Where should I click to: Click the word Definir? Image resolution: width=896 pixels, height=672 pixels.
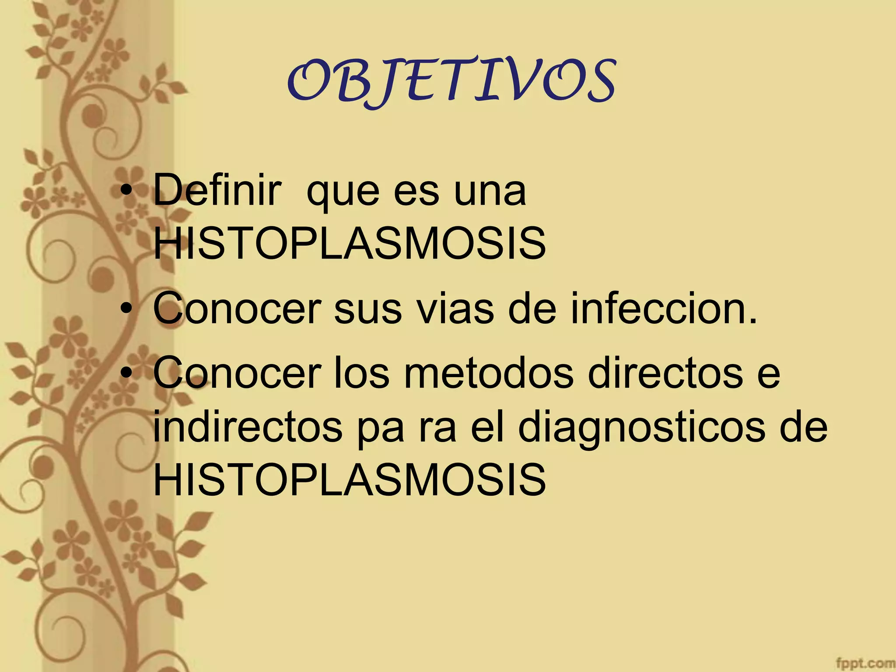point(217,190)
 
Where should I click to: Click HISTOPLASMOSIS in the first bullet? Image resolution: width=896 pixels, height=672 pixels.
point(350,243)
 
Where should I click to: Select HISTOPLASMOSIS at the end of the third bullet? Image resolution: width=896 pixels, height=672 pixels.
point(350,480)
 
